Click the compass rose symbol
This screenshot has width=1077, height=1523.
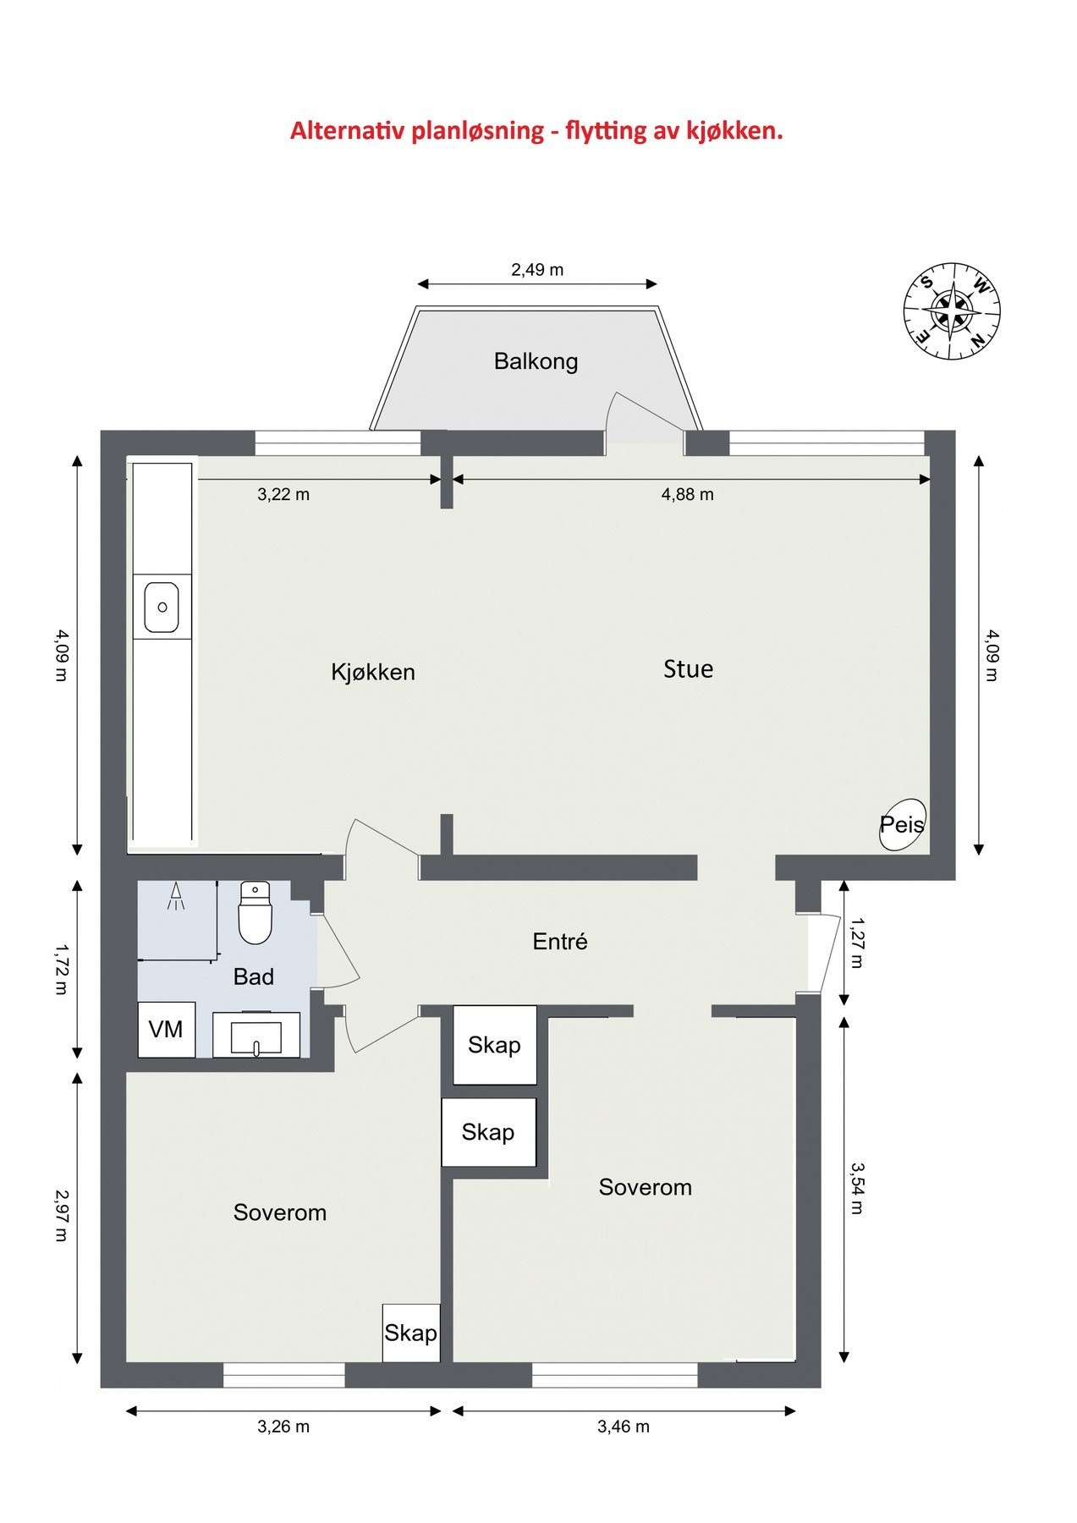coord(953,311)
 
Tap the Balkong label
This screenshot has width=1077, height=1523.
coord(536,361)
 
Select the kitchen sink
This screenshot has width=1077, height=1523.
coord(162,607)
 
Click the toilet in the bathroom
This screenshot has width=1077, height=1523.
coord(255,912)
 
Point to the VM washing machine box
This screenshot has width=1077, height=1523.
coord(167,1029)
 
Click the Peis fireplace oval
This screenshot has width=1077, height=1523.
coord(903,825)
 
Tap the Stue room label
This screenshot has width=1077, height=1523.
coord(688,669)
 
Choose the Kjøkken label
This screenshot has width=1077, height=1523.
coord(373,672)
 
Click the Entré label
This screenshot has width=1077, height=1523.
coord(560,941)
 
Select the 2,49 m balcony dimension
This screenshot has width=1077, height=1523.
coord(537,270)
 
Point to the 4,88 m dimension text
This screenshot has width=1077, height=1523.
coord(687,494)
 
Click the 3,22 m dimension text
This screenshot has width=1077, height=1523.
coord(283,494)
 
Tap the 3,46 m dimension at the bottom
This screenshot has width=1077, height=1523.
coord(624,1427)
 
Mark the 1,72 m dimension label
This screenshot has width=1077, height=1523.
coord(61,970)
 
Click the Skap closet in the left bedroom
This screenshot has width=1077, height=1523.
coord(411,1333)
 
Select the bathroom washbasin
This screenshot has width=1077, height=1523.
coord(256,1034)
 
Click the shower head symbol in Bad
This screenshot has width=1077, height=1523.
coord(176,897)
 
